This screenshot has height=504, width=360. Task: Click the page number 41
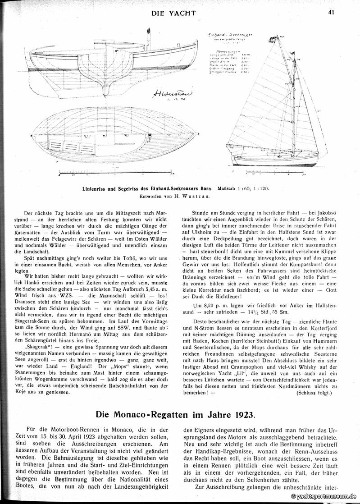tap(331, 12)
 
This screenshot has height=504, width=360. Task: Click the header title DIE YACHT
tap(173, 13)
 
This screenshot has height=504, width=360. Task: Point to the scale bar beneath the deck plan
tap(117, 172)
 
